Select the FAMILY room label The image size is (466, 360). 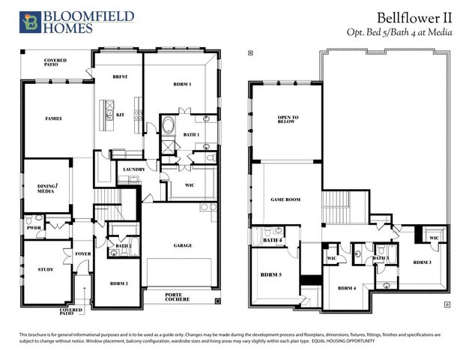click(53, 118)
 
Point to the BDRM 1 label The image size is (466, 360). click(179, 85)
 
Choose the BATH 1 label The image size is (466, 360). click(191, 135)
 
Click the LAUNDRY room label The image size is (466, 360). click(133, 170)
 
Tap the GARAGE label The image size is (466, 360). click(182, 245)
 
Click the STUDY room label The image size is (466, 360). click(45, 269)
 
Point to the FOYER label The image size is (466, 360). click(82, 253)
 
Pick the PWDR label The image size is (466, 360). click(34, 227)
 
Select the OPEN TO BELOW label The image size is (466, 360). click(288, 120)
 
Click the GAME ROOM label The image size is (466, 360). click(285, 199)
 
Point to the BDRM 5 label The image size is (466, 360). click(270, 275)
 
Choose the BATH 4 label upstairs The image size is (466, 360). click(273, 241)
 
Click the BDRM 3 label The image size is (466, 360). click(422, 262)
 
